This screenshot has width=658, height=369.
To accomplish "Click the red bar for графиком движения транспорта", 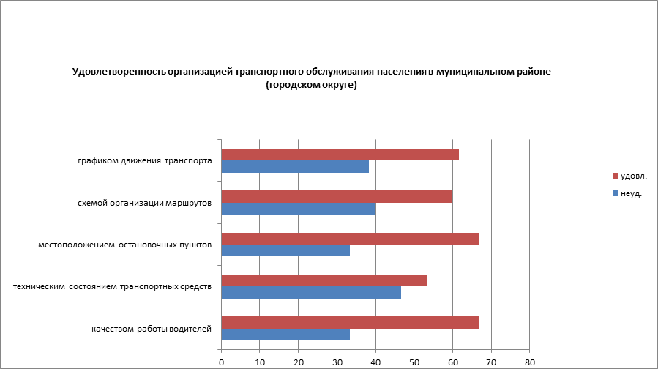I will click(340, 154).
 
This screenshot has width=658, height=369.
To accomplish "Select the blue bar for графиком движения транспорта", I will click(295, 167).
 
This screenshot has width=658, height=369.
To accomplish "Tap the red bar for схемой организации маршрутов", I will click(337, 196).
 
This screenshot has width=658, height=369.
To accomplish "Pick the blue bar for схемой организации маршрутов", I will click(299, 209).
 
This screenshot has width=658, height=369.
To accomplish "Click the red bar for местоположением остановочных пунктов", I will click(350, 239).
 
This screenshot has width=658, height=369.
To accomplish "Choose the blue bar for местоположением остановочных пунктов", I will click(285, 250).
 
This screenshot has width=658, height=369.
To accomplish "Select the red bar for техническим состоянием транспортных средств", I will click(324, 280).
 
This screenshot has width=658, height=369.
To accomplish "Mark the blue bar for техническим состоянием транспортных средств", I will click(311, 293).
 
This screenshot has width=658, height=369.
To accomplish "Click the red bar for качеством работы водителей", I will click(350, 323).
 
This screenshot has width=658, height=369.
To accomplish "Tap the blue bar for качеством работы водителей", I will click(285, 335).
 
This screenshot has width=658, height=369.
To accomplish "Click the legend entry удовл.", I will click(633, 176).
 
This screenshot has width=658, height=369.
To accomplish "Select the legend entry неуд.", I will click(630, 193).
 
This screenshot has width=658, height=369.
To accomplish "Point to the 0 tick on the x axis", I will click(221, 362).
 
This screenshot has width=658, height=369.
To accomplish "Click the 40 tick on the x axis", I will click(375, 362).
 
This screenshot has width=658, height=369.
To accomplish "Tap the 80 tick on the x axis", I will click(530, 362).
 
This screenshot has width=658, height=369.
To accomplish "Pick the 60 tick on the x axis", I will click(452, 362).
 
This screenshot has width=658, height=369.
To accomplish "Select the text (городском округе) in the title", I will click(311, 85).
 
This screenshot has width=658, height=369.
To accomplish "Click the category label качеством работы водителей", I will click(152, 329).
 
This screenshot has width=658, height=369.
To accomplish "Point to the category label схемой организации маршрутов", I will click(145, 203).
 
